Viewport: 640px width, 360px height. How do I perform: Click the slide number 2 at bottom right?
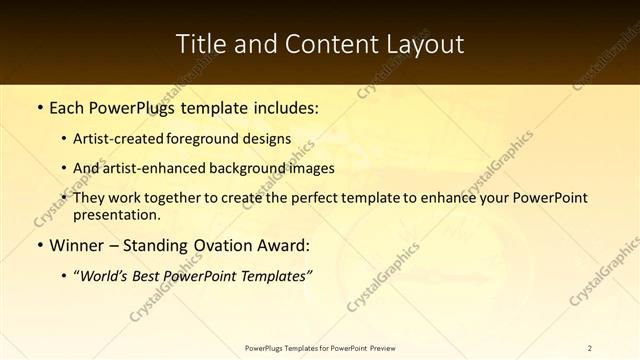pos(589,347)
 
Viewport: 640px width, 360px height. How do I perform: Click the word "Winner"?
pos(80,246)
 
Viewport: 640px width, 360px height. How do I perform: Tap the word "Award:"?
pos(282,246)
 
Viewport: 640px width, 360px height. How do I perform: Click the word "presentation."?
pos(116,214)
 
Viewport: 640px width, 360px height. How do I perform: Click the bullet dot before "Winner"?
pos(39,246)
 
